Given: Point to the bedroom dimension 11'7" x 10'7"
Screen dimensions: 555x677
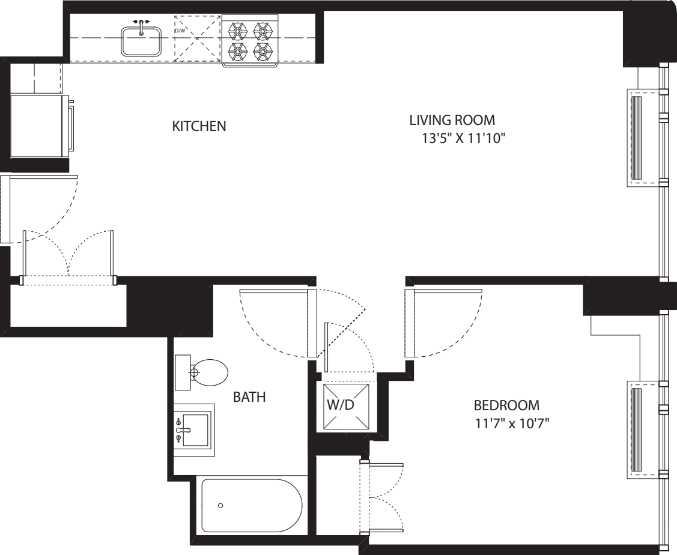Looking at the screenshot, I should point(512,423).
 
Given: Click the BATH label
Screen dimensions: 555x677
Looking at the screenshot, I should point(249,397).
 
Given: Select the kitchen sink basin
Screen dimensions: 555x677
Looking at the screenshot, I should point(141,41).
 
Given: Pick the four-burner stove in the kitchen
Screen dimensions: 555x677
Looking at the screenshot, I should point(250,39).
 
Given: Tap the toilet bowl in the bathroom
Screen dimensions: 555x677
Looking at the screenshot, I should point(207,372).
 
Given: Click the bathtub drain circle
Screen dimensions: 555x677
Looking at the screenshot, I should point(220,506).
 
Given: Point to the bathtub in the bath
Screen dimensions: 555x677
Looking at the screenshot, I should point(252,506).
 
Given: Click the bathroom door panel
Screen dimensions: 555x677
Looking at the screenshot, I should point(311,323).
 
